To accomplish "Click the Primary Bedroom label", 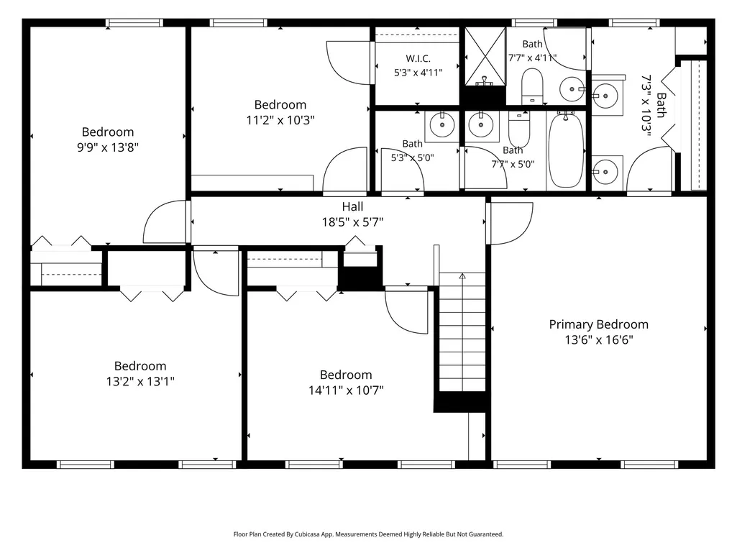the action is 598,324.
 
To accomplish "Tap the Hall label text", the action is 352,206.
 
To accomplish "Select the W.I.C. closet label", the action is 418,59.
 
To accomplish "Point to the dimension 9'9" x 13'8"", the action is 108,147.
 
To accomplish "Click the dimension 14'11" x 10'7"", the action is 346,390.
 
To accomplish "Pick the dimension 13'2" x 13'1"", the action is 140,381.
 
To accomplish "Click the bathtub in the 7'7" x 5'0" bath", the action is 566,150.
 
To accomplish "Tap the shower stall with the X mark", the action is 485,56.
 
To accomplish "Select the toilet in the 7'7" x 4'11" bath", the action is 532,86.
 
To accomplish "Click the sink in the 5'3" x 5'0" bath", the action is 441,125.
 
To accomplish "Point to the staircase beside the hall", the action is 462,332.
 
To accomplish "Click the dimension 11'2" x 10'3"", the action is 280,120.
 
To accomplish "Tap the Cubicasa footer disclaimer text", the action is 368,534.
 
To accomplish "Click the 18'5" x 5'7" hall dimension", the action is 352,222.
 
